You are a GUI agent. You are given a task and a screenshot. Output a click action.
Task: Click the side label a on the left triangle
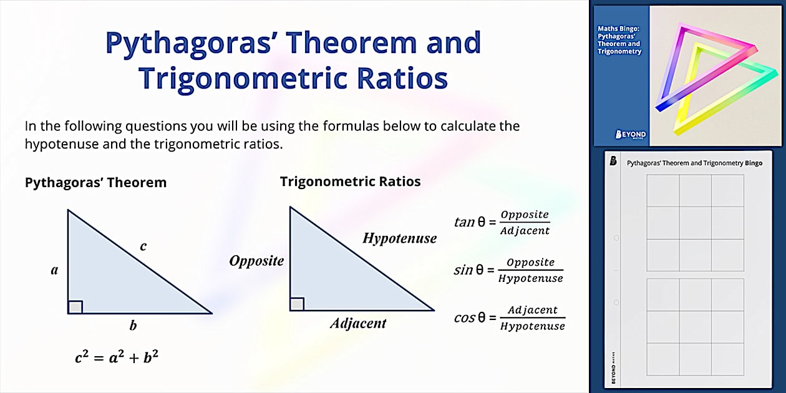pyautogui.click(x=54, y=270)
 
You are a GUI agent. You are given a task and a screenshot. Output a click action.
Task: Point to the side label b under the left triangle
pyautogui.click(x=133, y=325)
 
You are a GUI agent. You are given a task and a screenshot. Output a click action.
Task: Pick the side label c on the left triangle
pyautogui.click(x=143, y=246)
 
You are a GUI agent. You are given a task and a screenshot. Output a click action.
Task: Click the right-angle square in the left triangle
pyautogui.click(x=75, y=307)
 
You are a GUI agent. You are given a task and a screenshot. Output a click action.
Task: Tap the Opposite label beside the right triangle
pyautogui.click(x=256, y=261)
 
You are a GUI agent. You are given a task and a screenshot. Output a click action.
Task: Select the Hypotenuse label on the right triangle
pyautogui.click(x=399, y=238)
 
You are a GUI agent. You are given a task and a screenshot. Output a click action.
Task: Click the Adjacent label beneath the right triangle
pyautogui.click(x=358, y=323)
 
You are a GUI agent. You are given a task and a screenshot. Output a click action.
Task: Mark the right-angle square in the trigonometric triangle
pyautogui.click(x=297, y=304)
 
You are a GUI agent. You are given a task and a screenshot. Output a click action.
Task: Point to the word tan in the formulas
pyautogui.click(x=464, y=222)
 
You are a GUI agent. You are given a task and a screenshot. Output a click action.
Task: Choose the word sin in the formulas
pyautogui.click(x=463, y=270)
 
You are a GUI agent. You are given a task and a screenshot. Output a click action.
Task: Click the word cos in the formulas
pyautogui.click(x=465, y=318)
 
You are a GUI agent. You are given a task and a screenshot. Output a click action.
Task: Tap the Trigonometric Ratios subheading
pyautogui.click(x=350, y=182)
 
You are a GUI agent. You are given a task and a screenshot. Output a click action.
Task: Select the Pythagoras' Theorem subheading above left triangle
pyautogui.click(x=95, y=183)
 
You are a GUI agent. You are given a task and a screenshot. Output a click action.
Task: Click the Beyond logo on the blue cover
pyautogui.click(x=631, y=134)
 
